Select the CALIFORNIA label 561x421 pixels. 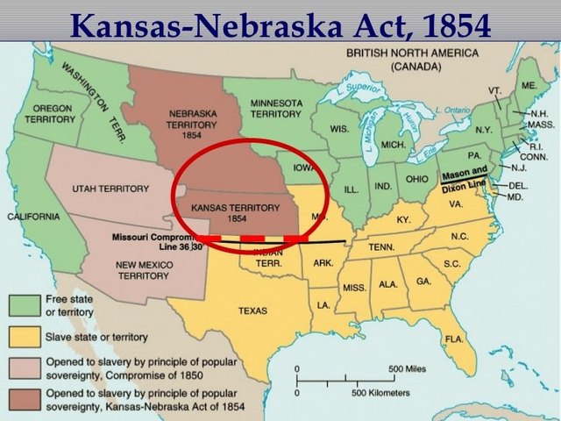pyautogui.click(x=32, y=216)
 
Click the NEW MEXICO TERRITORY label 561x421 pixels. pyautogui.click(x=143, y=269)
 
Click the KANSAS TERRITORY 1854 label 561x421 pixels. pyautogui.click(x=224, y=211)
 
